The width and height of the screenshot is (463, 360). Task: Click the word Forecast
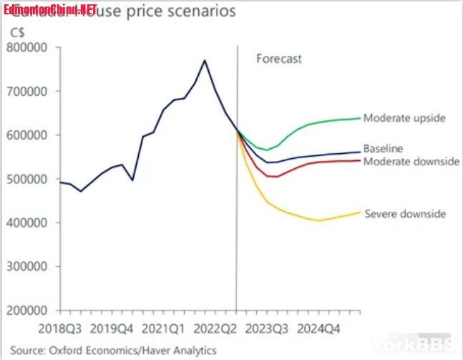click(279, 59)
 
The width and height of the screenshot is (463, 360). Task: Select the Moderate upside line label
click(404, 118)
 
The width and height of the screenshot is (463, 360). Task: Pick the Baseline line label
click(383, 149)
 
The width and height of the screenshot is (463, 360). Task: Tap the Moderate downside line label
click(411, 162)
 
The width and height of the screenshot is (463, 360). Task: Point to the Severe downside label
click(405, 214)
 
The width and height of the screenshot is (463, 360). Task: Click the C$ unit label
click(15, 33)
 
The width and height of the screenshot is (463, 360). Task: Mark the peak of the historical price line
click(205, 60)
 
